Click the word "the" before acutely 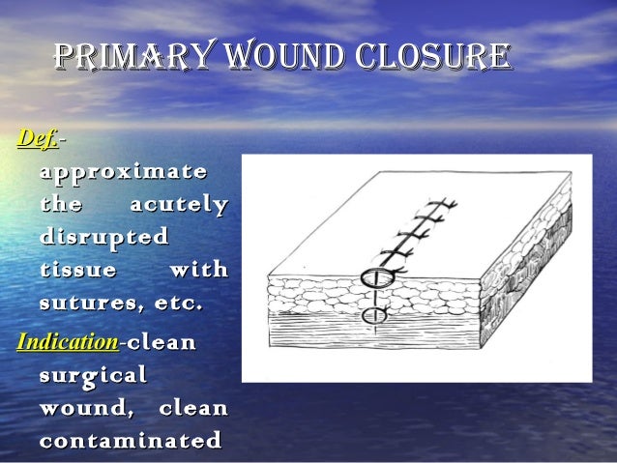coord(61,205)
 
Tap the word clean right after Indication coord(162,342)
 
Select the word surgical coord(94,375)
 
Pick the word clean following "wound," coord(193,408)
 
